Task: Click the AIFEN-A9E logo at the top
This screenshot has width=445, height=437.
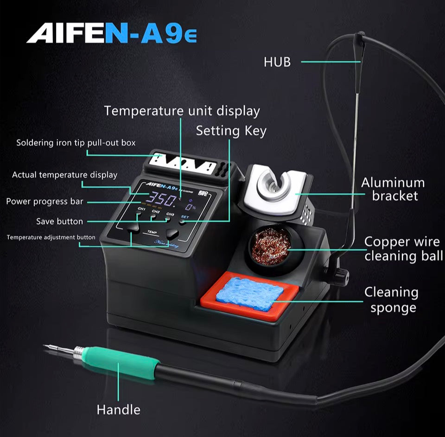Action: pyautogui.click(x=111, y=33)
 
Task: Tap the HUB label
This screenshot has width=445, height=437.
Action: pyautogui.click(x=277, y=62)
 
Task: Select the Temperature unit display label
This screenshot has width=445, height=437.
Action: pyautogui.click(x=182, y=111)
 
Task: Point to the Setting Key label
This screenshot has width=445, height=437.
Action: pyautogui.click(x=231, y=131)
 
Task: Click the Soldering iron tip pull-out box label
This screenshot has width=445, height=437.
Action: pyautogui.click(x=76, y=143)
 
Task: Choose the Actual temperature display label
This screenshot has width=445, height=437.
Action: pyautogui.click(x=64, y=175)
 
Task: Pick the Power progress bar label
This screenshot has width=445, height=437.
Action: pyautogui.click(x=44, y=202)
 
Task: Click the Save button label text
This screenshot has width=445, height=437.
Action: pyautogui.click(x=59, y=222)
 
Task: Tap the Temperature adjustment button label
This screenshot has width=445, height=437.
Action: pyautogui.click(x=51, y=237)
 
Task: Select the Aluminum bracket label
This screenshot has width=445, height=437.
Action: pyautogui.click(x=393, y=189)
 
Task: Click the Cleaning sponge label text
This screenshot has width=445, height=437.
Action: pyautogui.click(x=391, y=300)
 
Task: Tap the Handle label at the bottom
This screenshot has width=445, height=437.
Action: pyautogui.click(x=118, y=410)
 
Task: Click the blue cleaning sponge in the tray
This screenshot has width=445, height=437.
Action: pyautogui.click(x=249, y=293)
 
